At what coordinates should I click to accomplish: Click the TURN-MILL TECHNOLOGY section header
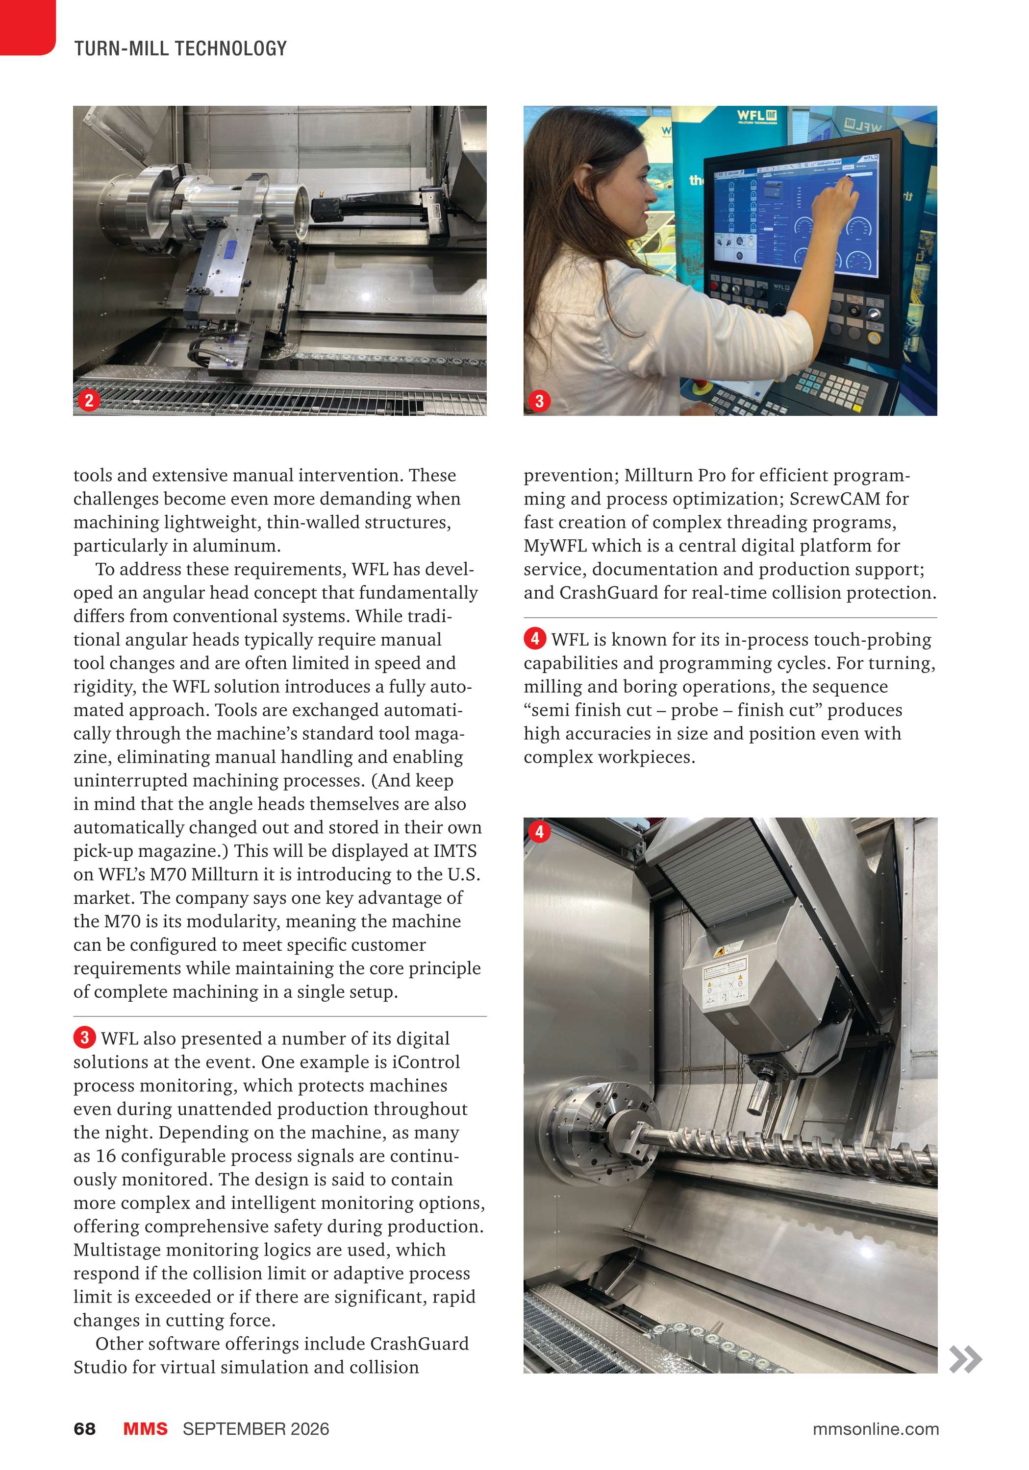coord(180,48)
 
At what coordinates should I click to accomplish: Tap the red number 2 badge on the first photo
coord(89,401)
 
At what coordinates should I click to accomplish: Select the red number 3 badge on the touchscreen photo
coord(539,401)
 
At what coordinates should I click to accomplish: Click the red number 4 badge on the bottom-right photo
coord(539,832)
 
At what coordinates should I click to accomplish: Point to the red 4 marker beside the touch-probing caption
coord(535,638)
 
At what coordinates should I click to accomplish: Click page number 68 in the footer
coord(85,1429)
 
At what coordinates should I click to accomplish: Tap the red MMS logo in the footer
coord(146,1429)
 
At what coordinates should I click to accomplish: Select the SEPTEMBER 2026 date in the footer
coord(255,1429)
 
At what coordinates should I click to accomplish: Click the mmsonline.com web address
coord(875,1429)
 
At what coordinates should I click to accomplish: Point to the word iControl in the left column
coord(426,1062)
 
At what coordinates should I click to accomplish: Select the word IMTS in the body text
coord(455,851)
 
